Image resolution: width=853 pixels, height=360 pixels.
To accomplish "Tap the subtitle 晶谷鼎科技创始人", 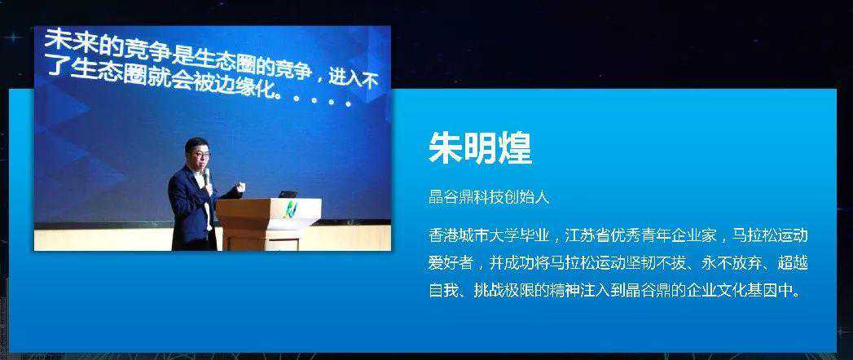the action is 489,197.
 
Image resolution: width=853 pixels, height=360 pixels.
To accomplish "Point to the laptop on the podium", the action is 288,194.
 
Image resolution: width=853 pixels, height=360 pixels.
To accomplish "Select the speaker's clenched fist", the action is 240,187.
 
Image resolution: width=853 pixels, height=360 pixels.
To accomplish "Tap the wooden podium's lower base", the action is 262,239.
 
